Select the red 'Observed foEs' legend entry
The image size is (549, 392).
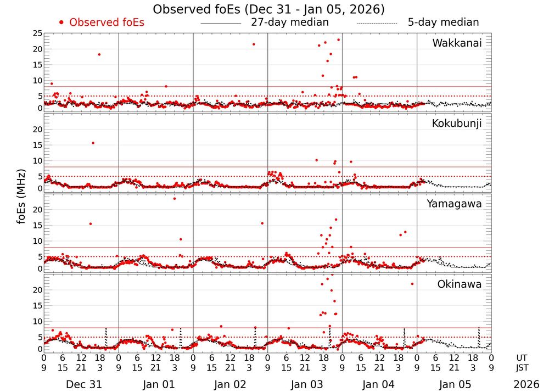(x=102, y=23)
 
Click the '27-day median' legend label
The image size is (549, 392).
(x=289, y=23)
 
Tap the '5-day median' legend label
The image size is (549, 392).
(x=443, y=23)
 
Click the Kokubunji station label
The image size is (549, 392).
(x=457, y=124)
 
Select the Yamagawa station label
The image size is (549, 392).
(x=455, y=204)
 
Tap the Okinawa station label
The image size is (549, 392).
(x=459, y=284)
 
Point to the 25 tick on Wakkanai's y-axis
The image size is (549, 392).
(x=36, y=33)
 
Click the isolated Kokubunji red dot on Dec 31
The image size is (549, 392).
(x=93, y=143)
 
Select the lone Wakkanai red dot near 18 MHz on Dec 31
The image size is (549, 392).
(x=99, y=54)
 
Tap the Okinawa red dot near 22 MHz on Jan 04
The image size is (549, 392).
(x=412, y=284)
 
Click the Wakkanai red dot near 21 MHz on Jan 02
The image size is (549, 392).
(x=254, y=44)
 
